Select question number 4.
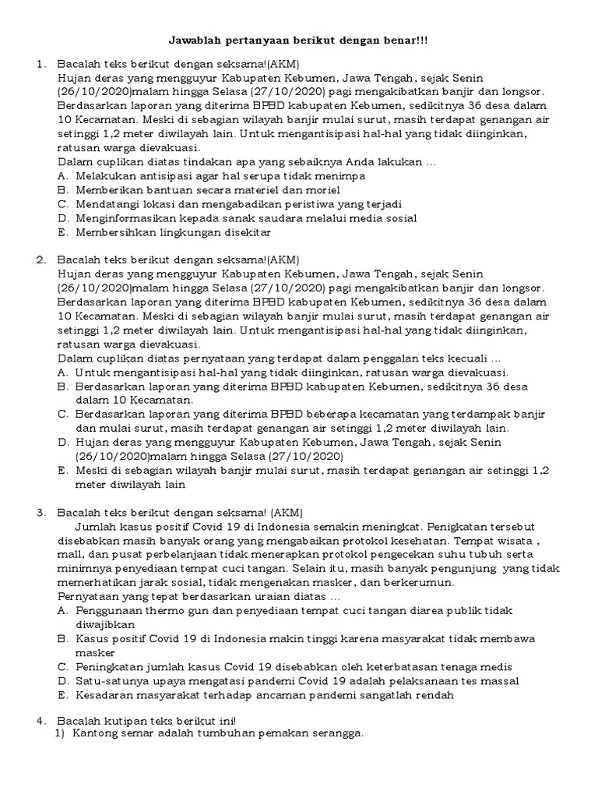(41, 719)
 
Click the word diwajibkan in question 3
(106, 624)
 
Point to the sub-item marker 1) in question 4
(59, 733)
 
